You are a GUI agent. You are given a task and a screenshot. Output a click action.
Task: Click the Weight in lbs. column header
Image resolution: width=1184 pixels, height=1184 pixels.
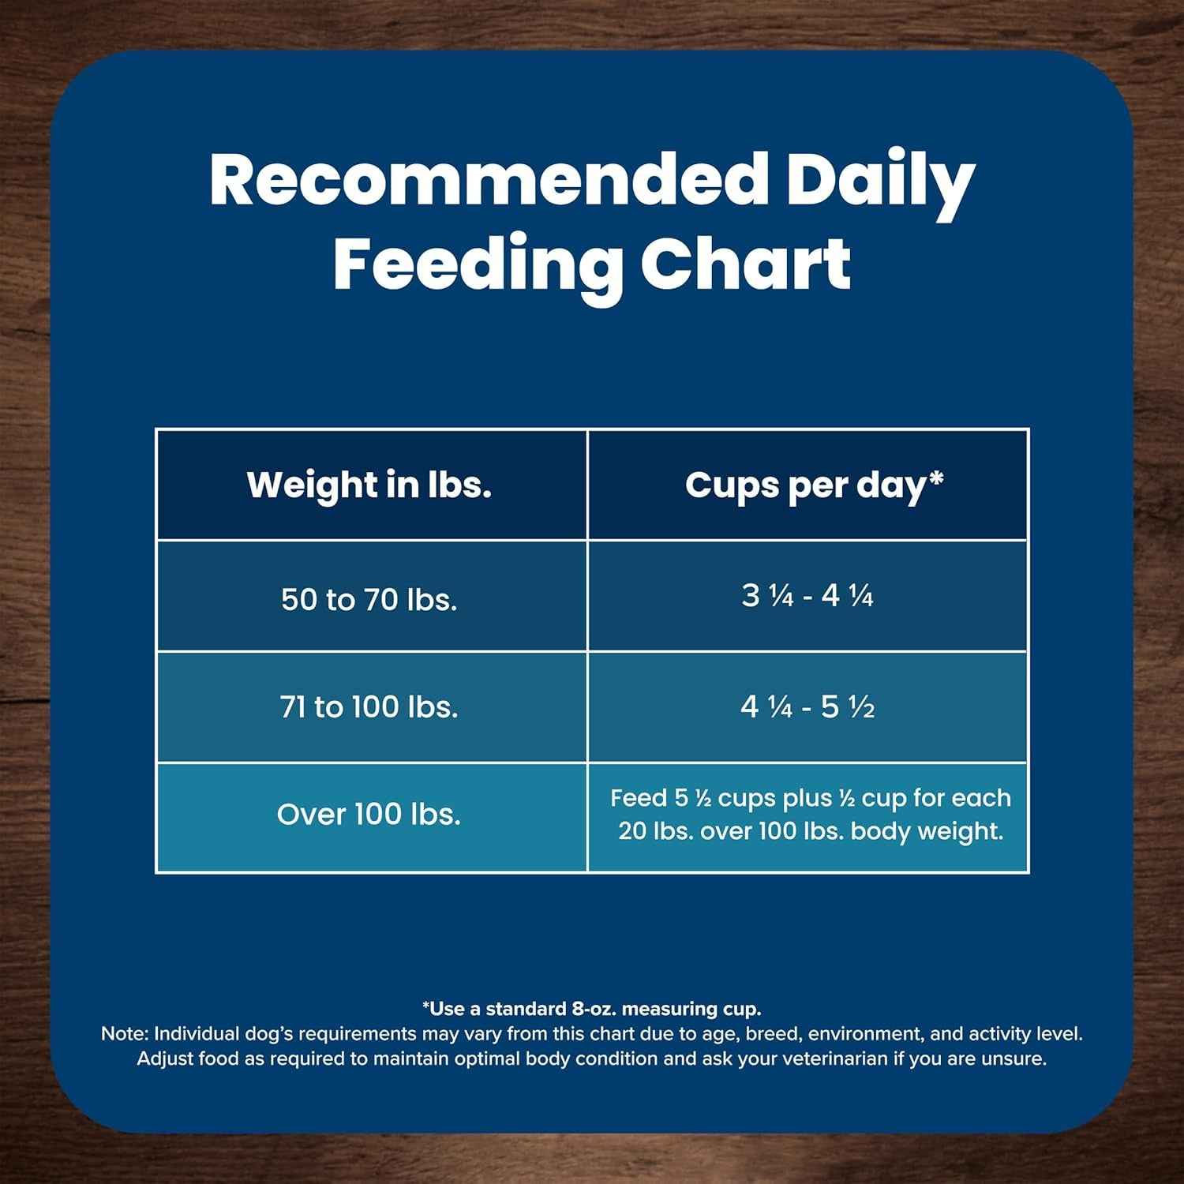coord(369,485)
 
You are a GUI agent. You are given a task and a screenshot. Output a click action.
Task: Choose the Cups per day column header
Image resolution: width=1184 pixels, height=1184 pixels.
coord(806,485)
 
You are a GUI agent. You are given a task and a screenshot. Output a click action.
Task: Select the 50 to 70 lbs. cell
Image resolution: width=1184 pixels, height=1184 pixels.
coord(369,600)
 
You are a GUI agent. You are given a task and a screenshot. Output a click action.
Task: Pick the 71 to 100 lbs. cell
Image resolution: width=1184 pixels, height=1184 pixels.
coord(369,706)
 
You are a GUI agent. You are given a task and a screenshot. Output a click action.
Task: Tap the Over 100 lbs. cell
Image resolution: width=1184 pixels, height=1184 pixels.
coord(369,815)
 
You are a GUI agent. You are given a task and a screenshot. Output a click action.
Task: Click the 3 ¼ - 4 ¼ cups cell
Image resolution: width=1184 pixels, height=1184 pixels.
coord(807,596)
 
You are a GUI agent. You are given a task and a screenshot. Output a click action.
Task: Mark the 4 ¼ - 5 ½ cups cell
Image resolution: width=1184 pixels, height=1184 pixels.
coord(807,706)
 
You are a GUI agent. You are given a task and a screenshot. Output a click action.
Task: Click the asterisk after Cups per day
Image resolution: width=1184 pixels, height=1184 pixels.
coord(937,478)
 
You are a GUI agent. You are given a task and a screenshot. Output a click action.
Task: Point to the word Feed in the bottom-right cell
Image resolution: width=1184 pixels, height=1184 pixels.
coord(639,798)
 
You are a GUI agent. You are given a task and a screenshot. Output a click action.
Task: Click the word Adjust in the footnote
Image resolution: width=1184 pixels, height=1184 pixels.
coord(164,1058)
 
